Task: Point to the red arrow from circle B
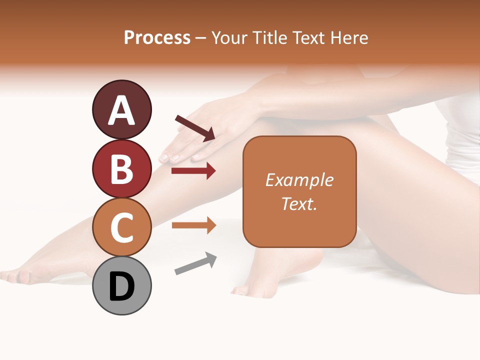(x=193, y=171)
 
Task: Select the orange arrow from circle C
(x=193, y=225)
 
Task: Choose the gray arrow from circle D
(x=195, y=263)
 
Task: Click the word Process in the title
(x=157, y=37)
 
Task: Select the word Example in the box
(x=299, y=180)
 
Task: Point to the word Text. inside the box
(x=299, y=203)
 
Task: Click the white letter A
(x=121, y=110)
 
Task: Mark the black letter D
(x=121, y=286)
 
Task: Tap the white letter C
(x=121, y=227)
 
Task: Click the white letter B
(x=121, y=169)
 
